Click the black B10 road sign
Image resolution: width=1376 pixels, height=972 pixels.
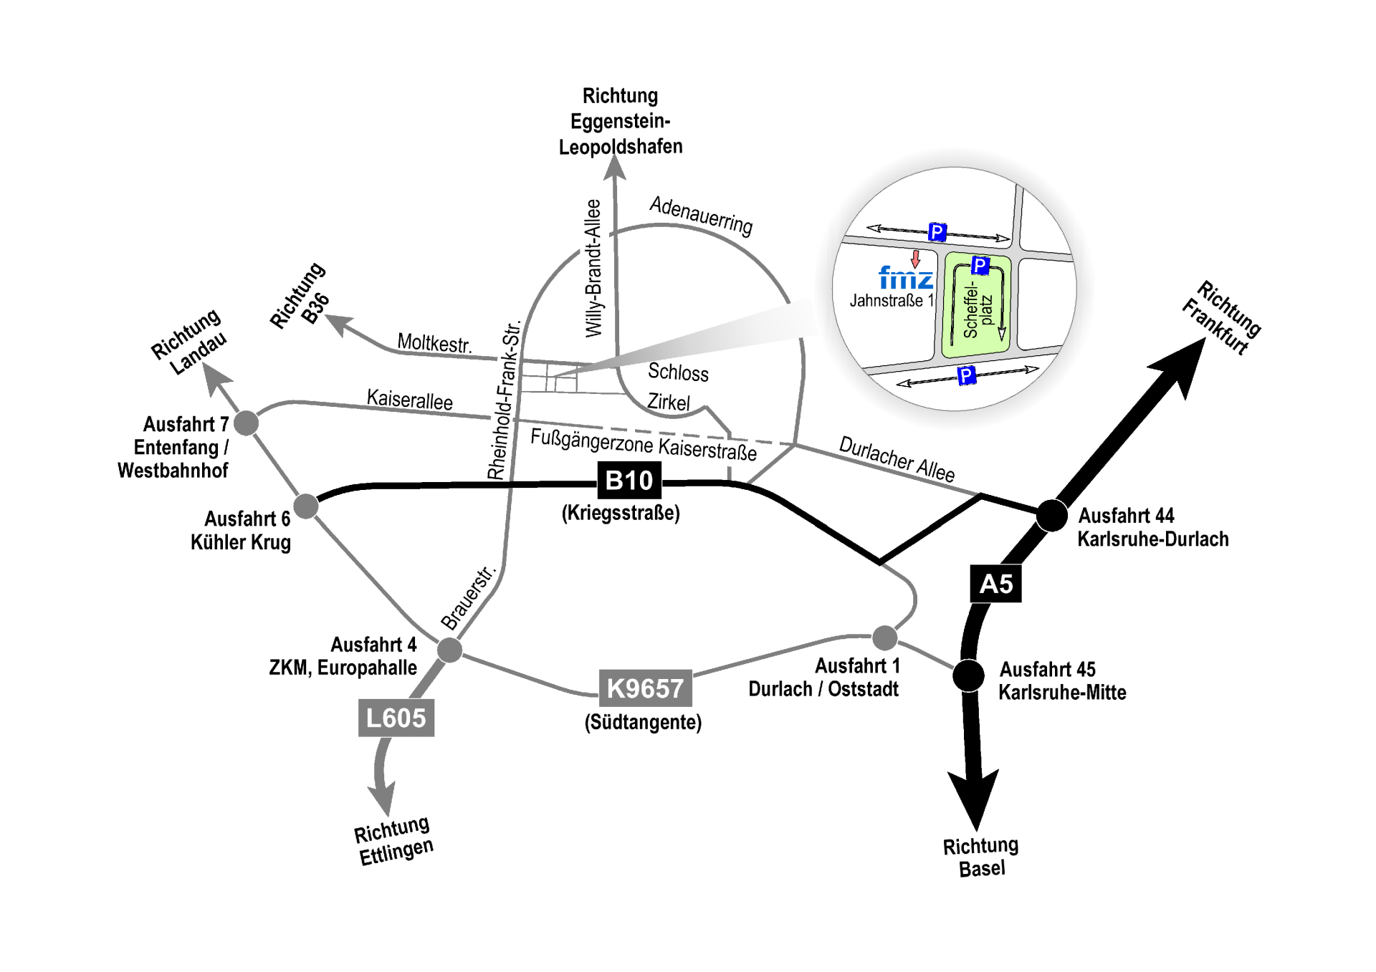[x=629, y=480]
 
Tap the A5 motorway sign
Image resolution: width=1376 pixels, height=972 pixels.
[x=995, y=584]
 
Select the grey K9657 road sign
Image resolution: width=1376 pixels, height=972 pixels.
[x=645, y=688]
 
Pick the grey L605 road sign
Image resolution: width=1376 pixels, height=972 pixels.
[x=396, y=718]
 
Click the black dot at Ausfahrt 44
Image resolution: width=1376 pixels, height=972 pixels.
[x=1051, y=515]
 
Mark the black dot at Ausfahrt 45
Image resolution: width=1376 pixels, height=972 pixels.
[x=968, y=675]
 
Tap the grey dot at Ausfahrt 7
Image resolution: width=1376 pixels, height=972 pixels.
[x=246, y=423]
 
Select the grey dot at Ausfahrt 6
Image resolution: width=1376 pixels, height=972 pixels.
[x=306, y=506]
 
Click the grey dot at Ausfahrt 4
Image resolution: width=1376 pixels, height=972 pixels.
[x=449, y=650]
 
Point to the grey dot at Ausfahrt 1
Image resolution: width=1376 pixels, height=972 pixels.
[x=884, y=637]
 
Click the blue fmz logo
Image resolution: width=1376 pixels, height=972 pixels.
[x=905, y=278]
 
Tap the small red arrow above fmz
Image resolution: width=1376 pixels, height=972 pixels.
[x=915, y=258]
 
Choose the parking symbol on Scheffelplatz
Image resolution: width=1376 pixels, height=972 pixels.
[x=980, y=266]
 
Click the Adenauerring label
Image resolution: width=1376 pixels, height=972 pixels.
[x=701, y=215]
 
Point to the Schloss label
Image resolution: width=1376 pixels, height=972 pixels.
[x=678, y=372]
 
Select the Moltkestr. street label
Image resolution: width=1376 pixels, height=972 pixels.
[x=434, y=342]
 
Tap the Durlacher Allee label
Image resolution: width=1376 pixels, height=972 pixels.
[x=897, y=458]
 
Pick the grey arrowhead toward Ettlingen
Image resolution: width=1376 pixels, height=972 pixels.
[x=382, y=797]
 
